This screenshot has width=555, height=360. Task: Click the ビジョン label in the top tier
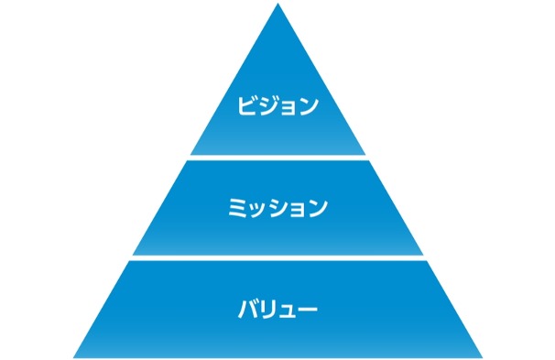click(x=277, y=105)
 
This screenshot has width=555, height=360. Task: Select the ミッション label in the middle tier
click(x=277, y=208)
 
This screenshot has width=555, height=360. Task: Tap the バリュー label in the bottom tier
click(x=277, y=309)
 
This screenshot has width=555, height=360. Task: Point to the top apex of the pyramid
click(x=277, y=5)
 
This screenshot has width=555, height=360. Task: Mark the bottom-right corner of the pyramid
click(x=481, y=355)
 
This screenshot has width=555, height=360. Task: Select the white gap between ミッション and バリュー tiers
click(x=277, y=258)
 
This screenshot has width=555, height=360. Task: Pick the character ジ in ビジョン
click(x=269, y=105)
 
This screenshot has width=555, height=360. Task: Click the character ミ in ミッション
click(x=236, y=208)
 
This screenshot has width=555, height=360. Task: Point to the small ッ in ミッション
click(x=256, y=210)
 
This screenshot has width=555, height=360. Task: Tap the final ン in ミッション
click(x=317, y=208)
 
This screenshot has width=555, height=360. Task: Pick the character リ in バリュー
click(x=268, y=309)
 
